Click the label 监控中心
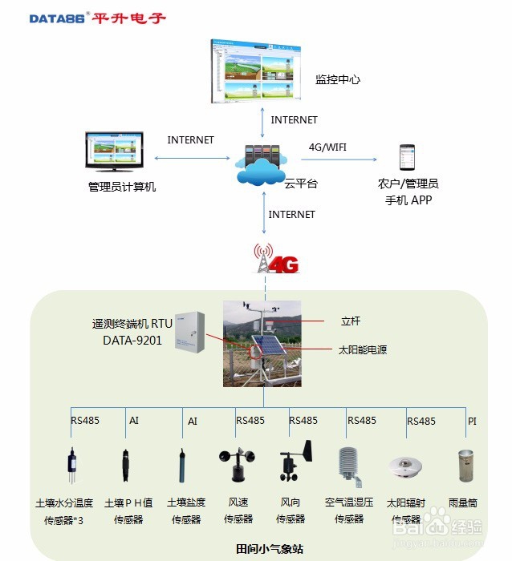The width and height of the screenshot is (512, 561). coord(337,79)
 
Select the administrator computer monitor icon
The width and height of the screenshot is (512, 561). coord(115,152)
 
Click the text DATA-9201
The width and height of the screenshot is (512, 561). coord(132,340)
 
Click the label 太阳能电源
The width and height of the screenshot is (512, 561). coord(362,349)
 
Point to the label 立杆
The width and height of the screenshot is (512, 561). coord(351,321)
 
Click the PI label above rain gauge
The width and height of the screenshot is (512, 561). coord(473,420)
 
